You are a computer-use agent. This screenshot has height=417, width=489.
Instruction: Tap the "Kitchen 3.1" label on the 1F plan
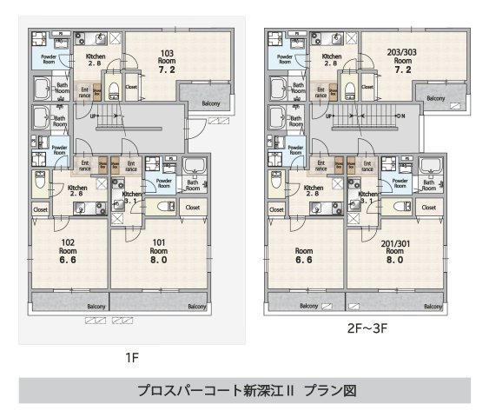[x=132, y=198]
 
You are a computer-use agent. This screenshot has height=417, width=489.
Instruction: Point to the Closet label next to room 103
[x=131, y=87]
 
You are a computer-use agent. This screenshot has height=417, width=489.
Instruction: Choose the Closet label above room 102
[x=41, y=209]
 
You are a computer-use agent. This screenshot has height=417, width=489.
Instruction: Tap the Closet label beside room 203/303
[x=367, y=87]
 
